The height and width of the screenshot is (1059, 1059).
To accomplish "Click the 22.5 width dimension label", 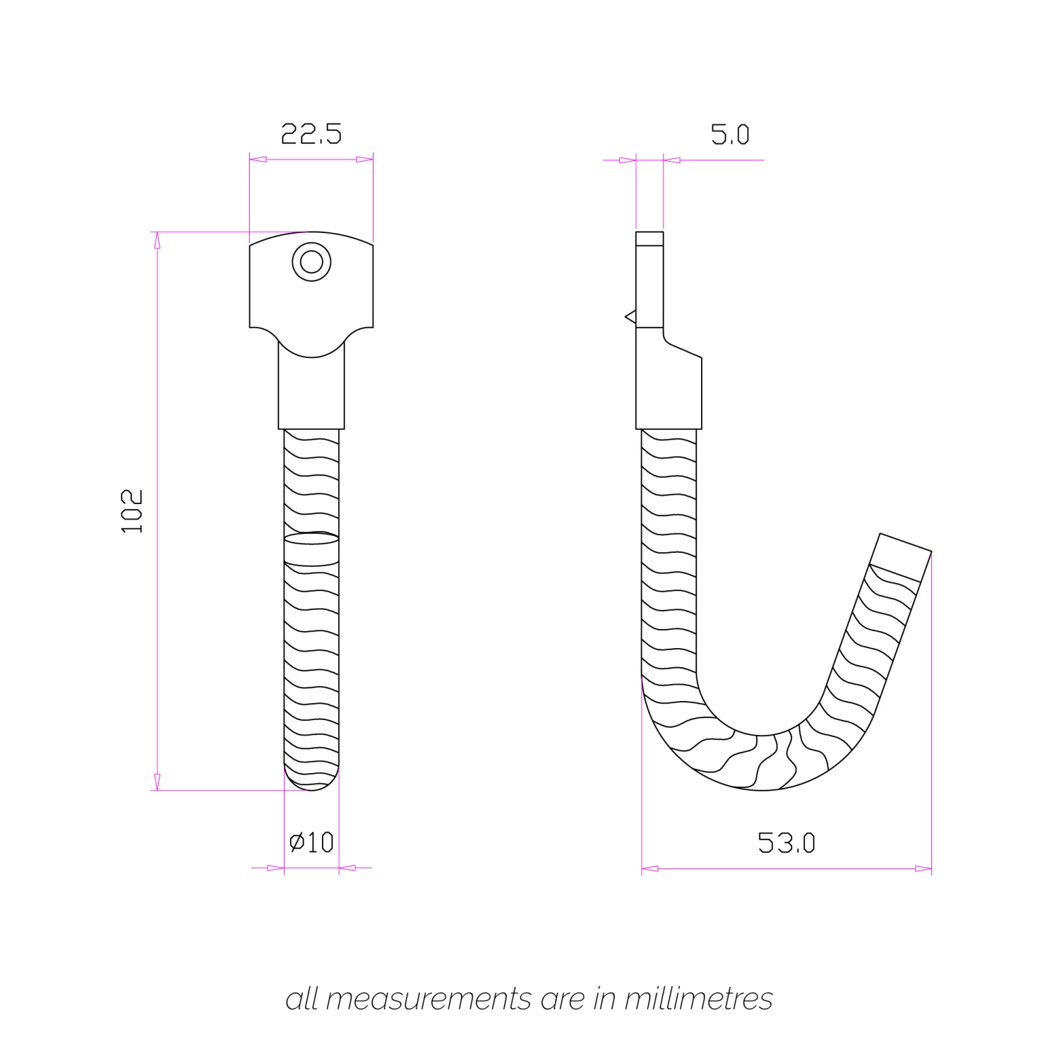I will [x=311, y=133].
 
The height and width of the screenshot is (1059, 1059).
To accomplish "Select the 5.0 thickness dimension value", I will [x=730, y=134].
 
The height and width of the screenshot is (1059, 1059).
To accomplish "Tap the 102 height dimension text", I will [x=132, y=510].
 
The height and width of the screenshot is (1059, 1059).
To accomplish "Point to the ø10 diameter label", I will [x=311, y=842].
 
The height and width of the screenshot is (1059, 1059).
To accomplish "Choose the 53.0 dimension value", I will [x=786, y=843].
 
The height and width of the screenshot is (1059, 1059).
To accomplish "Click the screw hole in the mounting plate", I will [x=311, y=262].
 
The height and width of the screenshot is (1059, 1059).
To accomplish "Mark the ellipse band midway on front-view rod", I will [x=311, y=539].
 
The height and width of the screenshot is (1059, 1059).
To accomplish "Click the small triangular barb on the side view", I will [x=630, y=317].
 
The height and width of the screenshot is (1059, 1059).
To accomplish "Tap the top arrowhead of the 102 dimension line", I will [x=157, y=240].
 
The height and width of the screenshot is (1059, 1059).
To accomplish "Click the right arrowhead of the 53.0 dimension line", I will [x=923, y=868].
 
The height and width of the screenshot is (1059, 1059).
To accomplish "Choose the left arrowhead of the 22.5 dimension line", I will [x=258, y=160].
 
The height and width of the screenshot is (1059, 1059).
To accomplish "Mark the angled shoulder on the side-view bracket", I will [x=683, y=347].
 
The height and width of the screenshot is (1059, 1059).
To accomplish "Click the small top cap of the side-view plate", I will [x=650, y=238].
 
